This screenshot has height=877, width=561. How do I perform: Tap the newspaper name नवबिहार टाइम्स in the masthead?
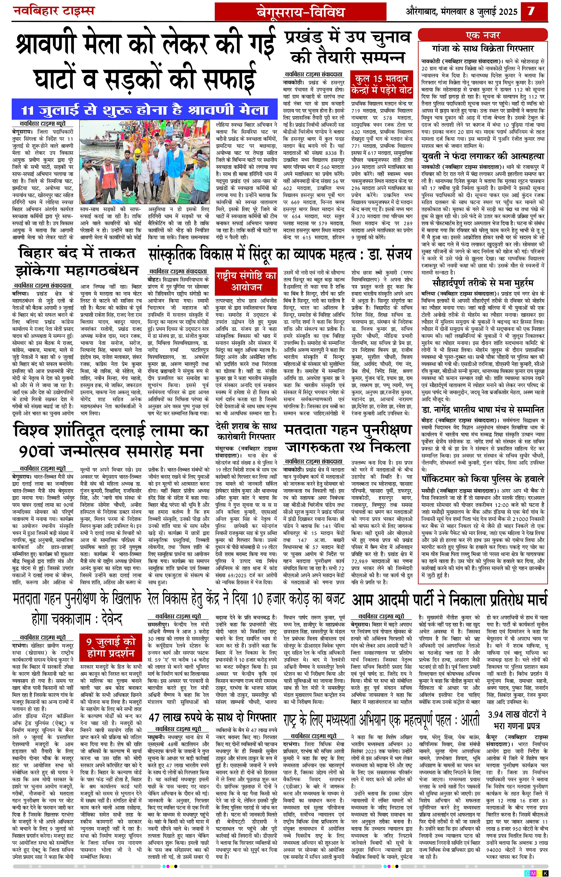pos(54,11)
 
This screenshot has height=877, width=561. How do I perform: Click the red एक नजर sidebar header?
pos(483,35)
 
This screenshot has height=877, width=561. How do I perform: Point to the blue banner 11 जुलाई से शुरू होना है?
pos(145,110)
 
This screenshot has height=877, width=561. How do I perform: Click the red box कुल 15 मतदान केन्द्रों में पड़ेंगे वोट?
pos(381,85)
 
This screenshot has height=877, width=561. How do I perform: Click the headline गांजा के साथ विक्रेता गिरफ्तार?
pos(483,49)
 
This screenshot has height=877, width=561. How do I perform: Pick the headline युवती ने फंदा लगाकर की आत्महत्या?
pos(483,157)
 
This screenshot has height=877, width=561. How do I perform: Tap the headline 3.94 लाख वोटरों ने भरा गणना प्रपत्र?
pos(517,719)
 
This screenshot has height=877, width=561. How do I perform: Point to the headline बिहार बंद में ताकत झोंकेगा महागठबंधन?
pos(77,262)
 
